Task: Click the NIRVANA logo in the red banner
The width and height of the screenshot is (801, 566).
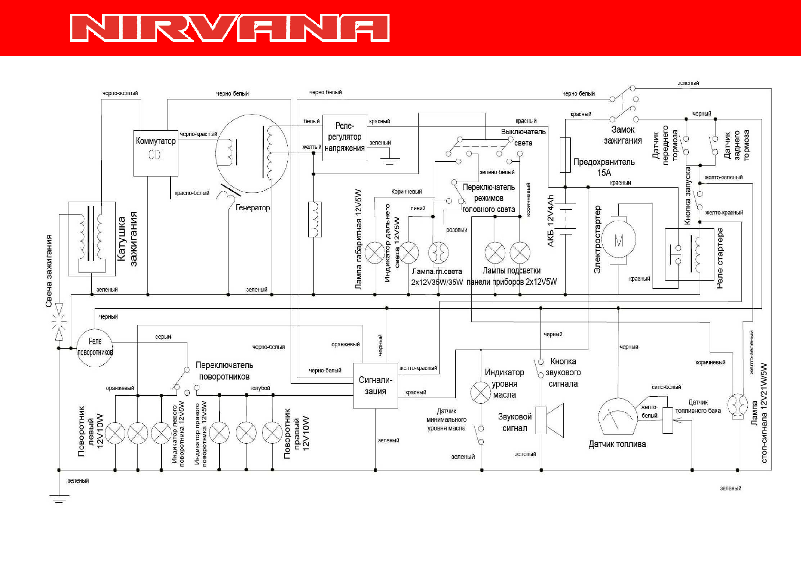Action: [230, 28]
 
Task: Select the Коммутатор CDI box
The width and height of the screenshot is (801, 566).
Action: [156, 153]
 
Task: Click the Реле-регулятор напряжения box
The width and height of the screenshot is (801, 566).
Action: [344, 138]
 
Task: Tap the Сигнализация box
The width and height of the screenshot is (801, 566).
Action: [375, 386]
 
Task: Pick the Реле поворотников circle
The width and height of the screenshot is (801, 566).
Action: [95, 348]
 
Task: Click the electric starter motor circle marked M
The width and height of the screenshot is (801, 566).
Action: [618, 241]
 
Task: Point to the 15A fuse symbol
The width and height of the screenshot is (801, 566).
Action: [565, 155]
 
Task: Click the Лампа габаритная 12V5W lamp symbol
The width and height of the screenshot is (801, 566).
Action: [375, 253]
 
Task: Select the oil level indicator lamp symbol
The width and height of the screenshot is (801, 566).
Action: [480, 392]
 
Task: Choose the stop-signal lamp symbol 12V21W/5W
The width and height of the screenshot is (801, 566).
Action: [737, 405]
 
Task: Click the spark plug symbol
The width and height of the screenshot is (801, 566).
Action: [59, 322]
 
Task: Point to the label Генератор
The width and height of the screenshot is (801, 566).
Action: [253, 208]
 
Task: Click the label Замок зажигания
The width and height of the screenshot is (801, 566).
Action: [623, 135]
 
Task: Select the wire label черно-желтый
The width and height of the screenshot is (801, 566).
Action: [120, 93]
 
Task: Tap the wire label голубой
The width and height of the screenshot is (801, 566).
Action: [260, 388]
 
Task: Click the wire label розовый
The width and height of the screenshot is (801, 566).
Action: [457, 230]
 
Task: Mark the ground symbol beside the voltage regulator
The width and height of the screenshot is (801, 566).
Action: [390, 161]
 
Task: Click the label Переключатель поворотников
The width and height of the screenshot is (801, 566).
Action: [224, 371]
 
